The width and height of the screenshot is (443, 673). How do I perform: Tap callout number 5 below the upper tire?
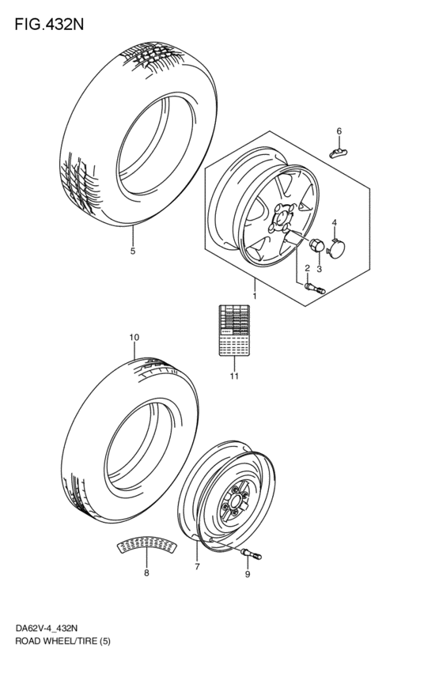coord(133,251)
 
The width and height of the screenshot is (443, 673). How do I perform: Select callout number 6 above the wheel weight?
coord(339,130)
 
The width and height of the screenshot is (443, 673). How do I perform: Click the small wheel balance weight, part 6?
coord(339,151)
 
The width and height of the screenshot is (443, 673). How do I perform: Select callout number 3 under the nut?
coord(319,269)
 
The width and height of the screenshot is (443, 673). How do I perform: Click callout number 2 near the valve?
coord(307,269)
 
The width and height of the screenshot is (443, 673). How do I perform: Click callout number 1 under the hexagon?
coord(255,296)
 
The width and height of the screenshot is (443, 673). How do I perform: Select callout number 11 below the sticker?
coord(233,376)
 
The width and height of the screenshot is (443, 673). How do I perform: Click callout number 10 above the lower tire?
coord(134,338)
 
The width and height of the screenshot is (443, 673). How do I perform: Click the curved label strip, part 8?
coord(146,545)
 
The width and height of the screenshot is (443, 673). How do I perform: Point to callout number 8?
coord(146,573)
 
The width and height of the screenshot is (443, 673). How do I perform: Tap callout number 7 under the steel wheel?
coord(197,567)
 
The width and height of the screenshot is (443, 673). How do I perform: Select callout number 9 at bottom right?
coord(247,575)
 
